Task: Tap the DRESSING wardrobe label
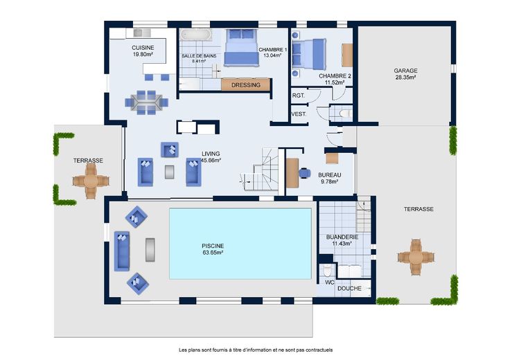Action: pos(246,85)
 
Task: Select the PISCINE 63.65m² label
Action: pos(213,249)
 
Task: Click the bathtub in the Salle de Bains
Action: pos(195,35)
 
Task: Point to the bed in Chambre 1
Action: pos(241,48)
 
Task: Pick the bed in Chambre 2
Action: pos(309,54)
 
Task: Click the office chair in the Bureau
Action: pos(304,173)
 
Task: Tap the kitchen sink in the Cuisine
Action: pos(142,33)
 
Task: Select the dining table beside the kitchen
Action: pos(147,102)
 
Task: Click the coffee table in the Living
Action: pos(169,172)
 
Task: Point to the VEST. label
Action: pos(299,114)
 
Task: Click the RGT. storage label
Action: pos(298,96)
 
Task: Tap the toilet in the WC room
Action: pos(327,269)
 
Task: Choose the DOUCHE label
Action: pos(349,289)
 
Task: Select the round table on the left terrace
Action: pos(91,181)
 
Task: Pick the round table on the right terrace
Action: pos(416,258)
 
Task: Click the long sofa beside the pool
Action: pos(122,251)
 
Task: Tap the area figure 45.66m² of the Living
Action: pos(211,160)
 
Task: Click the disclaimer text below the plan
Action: pos(256,350)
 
